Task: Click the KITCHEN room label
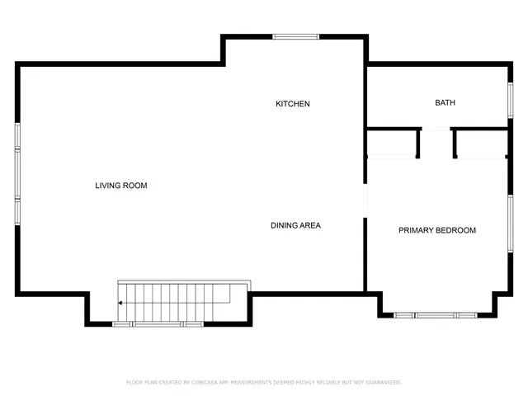click(x=292, y=104)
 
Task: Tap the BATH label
click(x=445, y=103)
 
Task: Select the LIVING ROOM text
click(x=120, y=186)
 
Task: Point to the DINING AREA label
click(x=295, y=225)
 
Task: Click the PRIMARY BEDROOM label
click(x=437, y=230)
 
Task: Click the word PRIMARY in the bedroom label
click(x=417, y=230)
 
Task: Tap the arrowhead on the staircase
click(x=120, y=303)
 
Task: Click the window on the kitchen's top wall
click(x=295, y=36)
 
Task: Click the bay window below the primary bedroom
click(x=434, y=314)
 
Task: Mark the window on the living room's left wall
click(x=17, y=174)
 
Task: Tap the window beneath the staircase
click(x=158, y=324)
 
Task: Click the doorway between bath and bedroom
click(x=436, y=129)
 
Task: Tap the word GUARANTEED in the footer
click(x=382, y=383)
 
